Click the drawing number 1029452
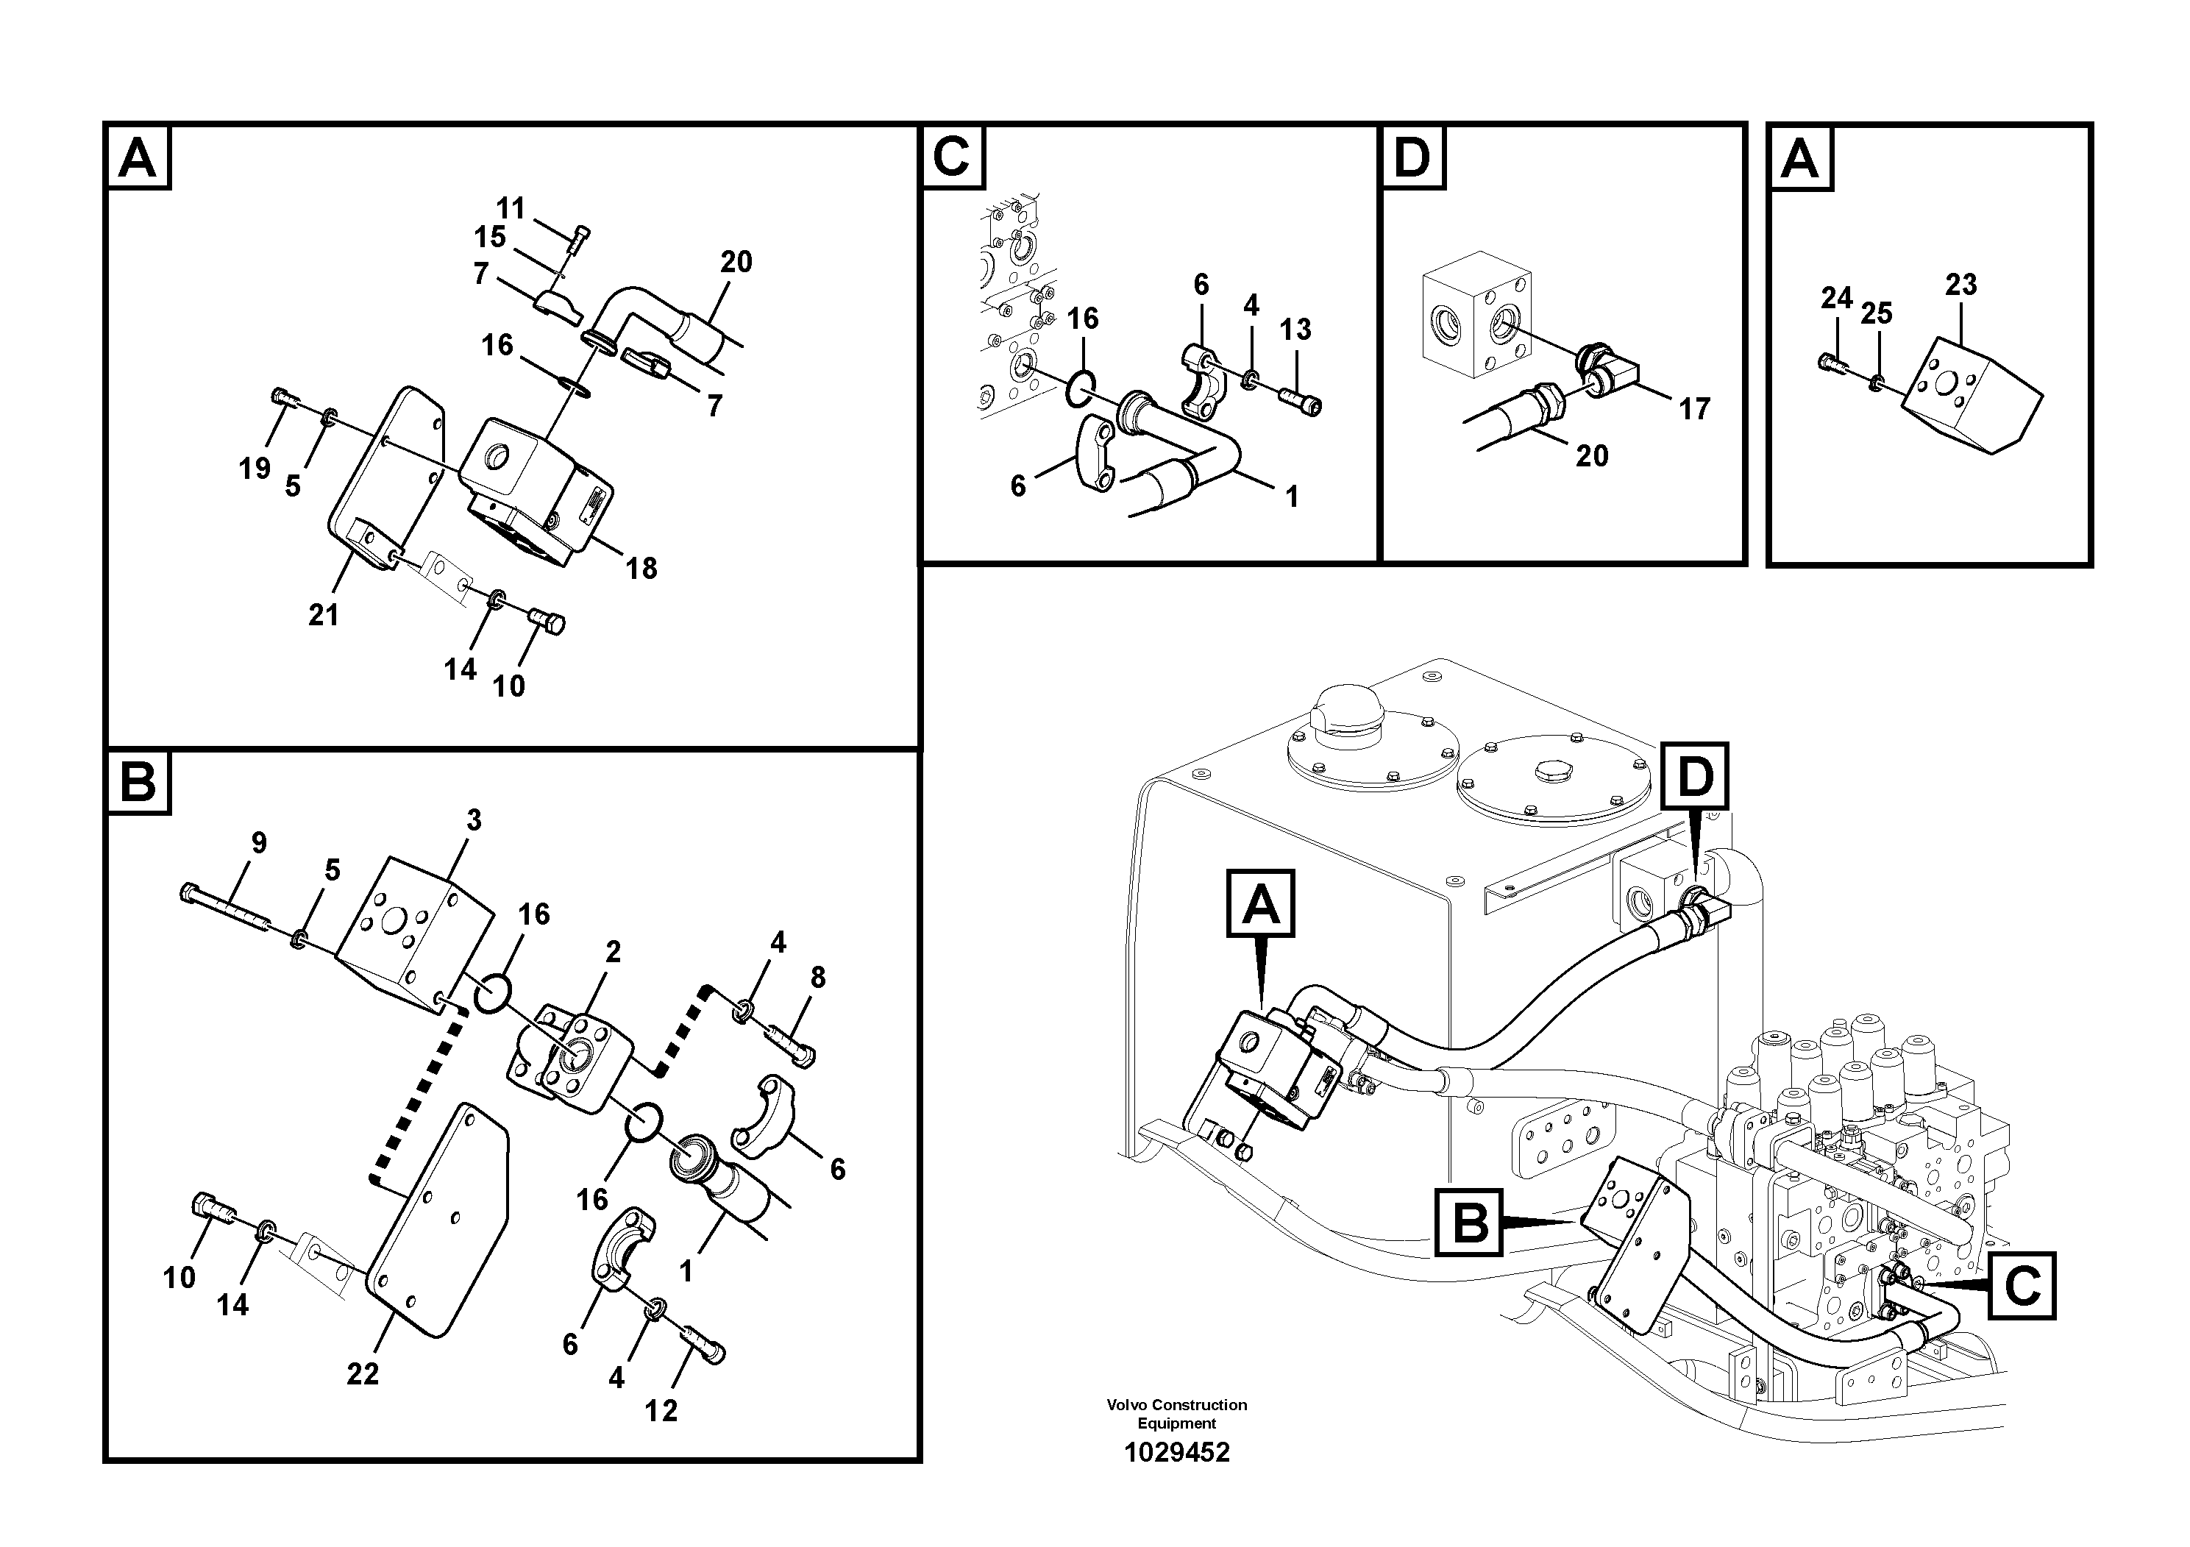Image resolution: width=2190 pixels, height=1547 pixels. coord(1176,1453)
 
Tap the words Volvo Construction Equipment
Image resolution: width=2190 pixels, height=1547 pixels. coord(1176,1413)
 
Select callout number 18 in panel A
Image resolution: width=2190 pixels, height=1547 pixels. coord(641,569)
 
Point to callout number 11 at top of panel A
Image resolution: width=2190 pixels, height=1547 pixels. coord(511,208)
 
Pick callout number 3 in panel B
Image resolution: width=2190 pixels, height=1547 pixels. coord(473,820)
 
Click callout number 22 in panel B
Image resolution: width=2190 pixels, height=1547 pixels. coord(363,1373)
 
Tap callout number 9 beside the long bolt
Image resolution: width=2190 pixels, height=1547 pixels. coord(258,843)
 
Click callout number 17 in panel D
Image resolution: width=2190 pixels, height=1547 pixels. coord(1694,409)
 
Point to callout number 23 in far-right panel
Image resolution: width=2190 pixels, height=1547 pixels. coord(1961,284)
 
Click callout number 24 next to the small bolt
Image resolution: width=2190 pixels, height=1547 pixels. coord(1836,299)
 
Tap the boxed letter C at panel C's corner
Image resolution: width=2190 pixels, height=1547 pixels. coord(951,157)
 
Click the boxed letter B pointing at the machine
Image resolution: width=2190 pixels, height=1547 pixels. coord(1469,1222)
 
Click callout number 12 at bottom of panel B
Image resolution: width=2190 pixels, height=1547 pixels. coord(661,1411)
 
